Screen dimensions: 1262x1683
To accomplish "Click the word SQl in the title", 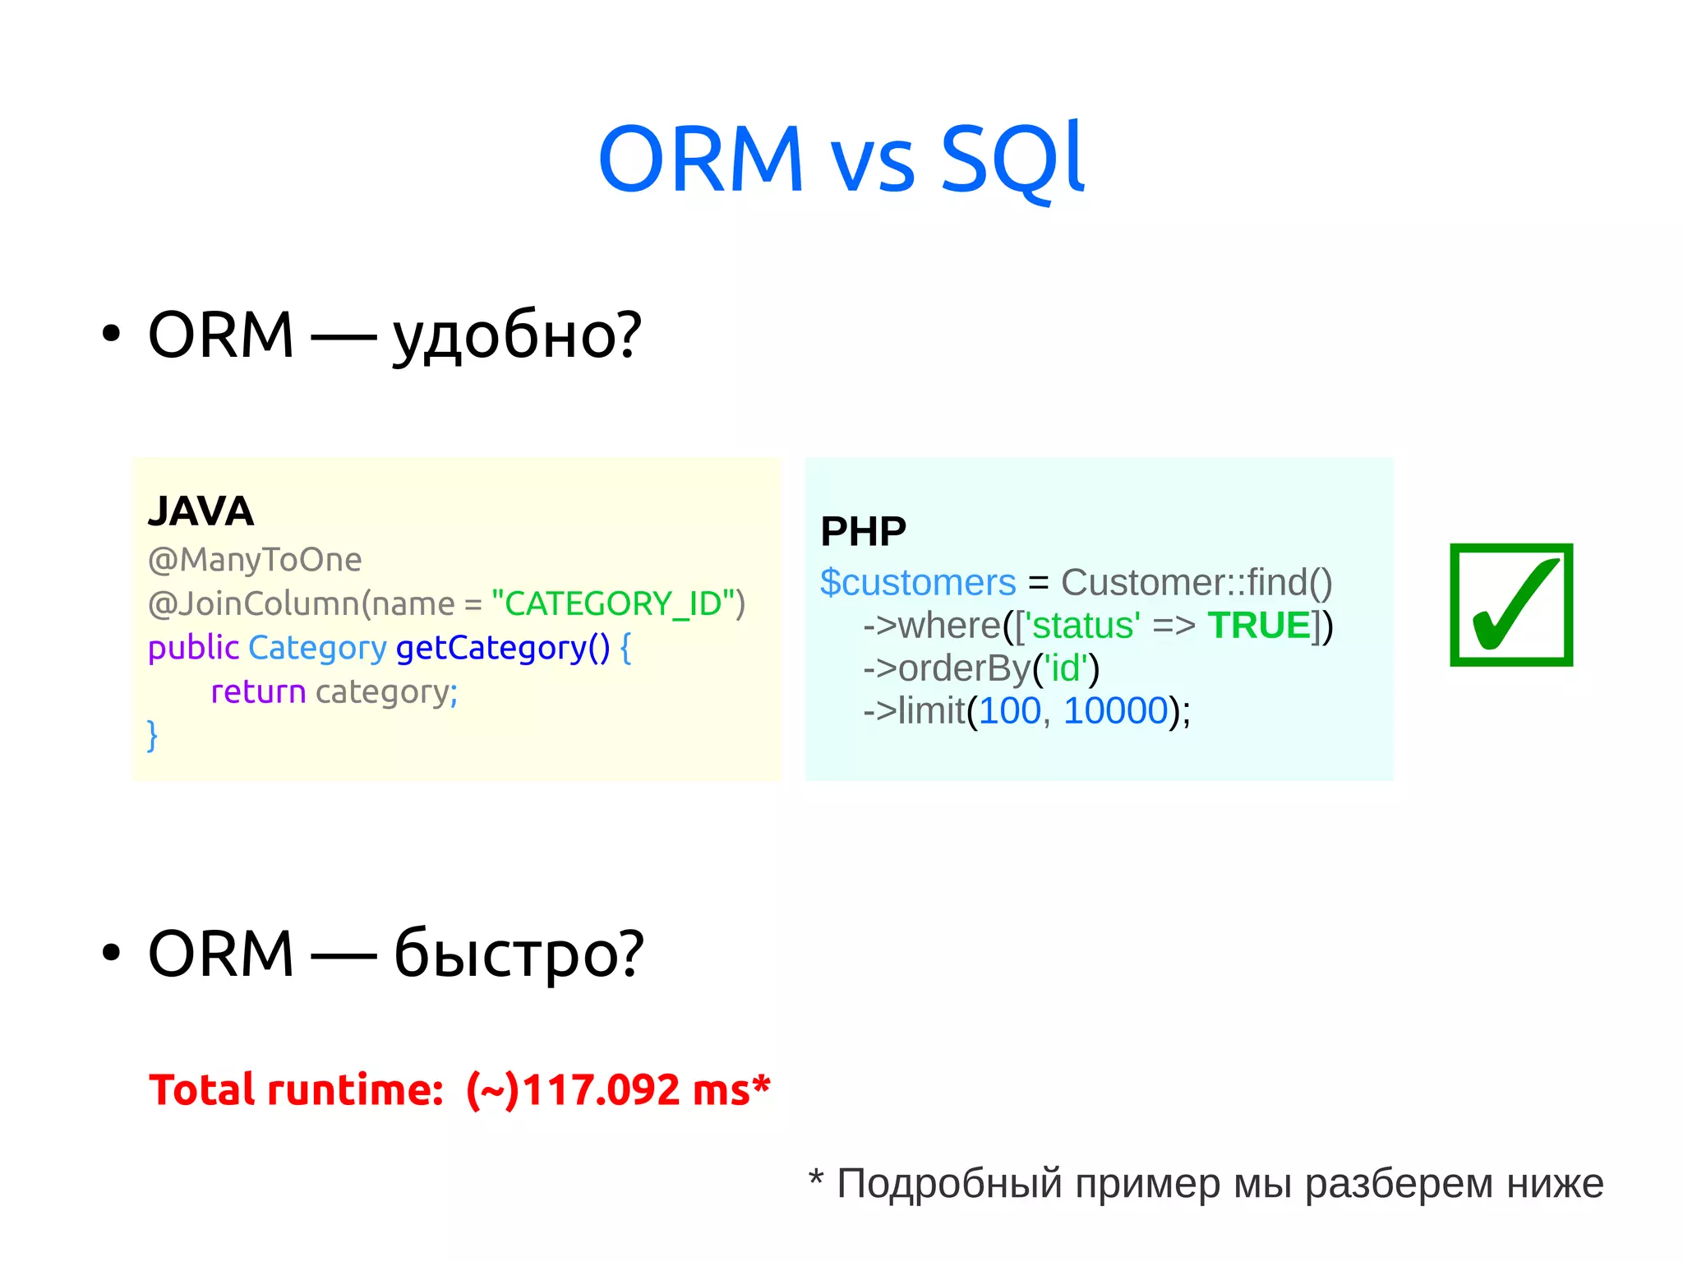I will pos(1012,158).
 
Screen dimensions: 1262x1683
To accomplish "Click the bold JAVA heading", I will pos(201,511).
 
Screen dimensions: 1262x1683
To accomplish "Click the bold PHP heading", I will pos(863,532).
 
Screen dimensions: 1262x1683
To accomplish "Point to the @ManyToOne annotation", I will pos(255,560).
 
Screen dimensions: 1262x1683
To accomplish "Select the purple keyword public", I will pos(193,648).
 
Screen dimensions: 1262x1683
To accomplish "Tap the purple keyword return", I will pos(258,691).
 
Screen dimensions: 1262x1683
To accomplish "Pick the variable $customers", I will pos(918,583).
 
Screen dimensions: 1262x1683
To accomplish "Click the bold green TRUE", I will pos(1258,626).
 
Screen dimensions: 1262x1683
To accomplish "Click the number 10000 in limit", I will pos(1115,711).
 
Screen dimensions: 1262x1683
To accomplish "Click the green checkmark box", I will pos(1510,604).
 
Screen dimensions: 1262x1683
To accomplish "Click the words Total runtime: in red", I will pos(296,1091).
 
